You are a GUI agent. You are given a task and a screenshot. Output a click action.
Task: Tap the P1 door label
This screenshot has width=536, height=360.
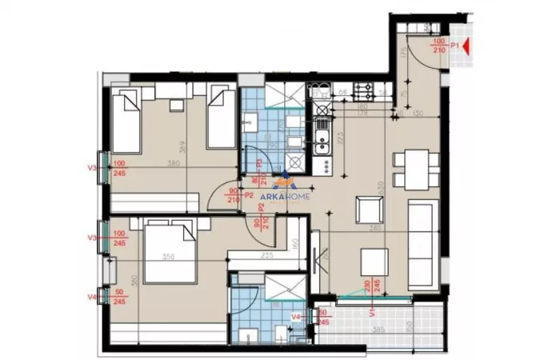point(454,46)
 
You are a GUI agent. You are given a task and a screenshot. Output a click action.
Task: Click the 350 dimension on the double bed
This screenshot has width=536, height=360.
point(169,257)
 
